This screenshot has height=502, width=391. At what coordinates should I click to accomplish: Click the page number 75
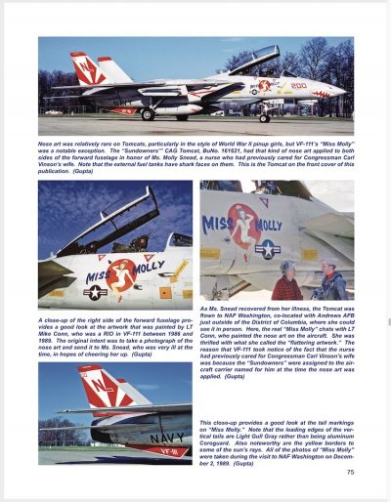click(x=349, y=473)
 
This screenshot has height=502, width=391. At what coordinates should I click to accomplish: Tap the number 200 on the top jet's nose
click(x=299, y=85)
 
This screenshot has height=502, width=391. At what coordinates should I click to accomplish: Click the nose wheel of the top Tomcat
click(x=263, y=118)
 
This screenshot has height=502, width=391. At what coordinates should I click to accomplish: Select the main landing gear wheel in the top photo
click(x=148, y=113)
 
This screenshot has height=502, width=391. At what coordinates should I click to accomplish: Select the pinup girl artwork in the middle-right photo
click(x=244, y=225)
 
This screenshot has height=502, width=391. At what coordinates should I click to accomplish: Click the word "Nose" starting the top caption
click(x=48, y=143)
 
